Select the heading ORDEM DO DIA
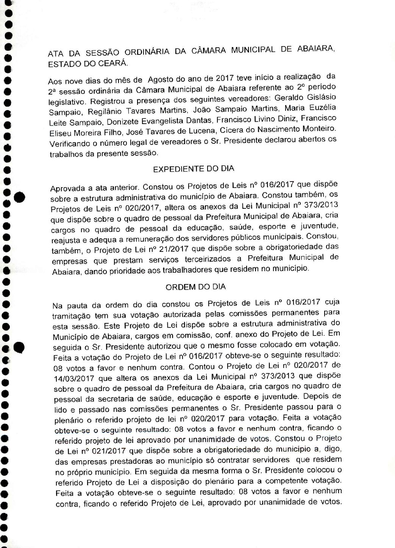196,287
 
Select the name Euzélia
321,108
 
